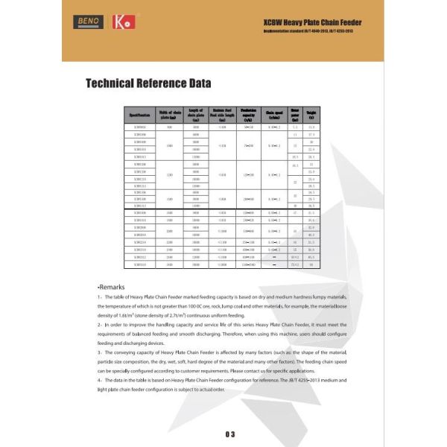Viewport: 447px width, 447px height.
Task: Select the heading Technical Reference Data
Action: click(x=148, y=83)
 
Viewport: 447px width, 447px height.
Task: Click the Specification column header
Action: click(x=139, y=115)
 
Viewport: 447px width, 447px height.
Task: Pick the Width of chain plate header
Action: click(x=170, y=115)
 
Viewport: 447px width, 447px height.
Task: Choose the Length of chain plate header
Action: click(x=196, y=115)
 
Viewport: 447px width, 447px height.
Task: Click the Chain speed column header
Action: click(x=274, y=115)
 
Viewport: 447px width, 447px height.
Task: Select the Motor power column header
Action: click(x=295, y=115)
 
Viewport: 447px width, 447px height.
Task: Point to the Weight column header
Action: click(x=311, y=115)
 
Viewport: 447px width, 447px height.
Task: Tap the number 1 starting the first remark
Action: click(x=98, y=298)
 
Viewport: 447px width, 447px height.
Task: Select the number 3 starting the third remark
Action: click(x=98, y=352)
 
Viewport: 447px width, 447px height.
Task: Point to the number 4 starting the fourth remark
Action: click(x=98, y=379)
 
